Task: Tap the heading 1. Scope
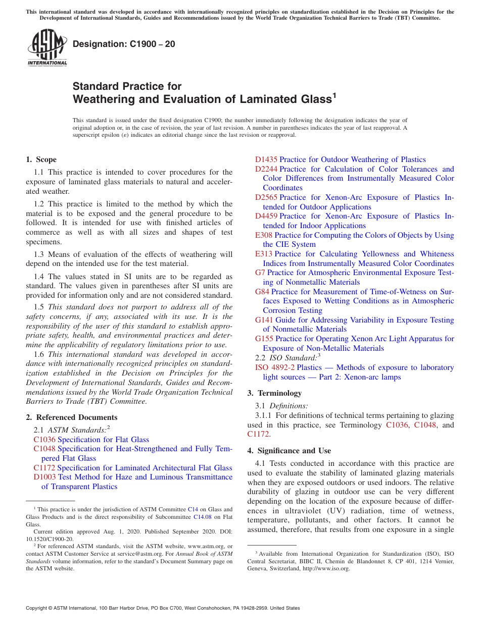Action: tap(41, 159)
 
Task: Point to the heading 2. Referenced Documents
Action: tap(72, 417)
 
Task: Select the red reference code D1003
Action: tap(45, 477)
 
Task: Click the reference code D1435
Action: tap(266, 159)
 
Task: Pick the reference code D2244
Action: tap(266, 169)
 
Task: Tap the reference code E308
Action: tap(264, 235)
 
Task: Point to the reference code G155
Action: tap(264, 339)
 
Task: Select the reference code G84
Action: tap(262, 292)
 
